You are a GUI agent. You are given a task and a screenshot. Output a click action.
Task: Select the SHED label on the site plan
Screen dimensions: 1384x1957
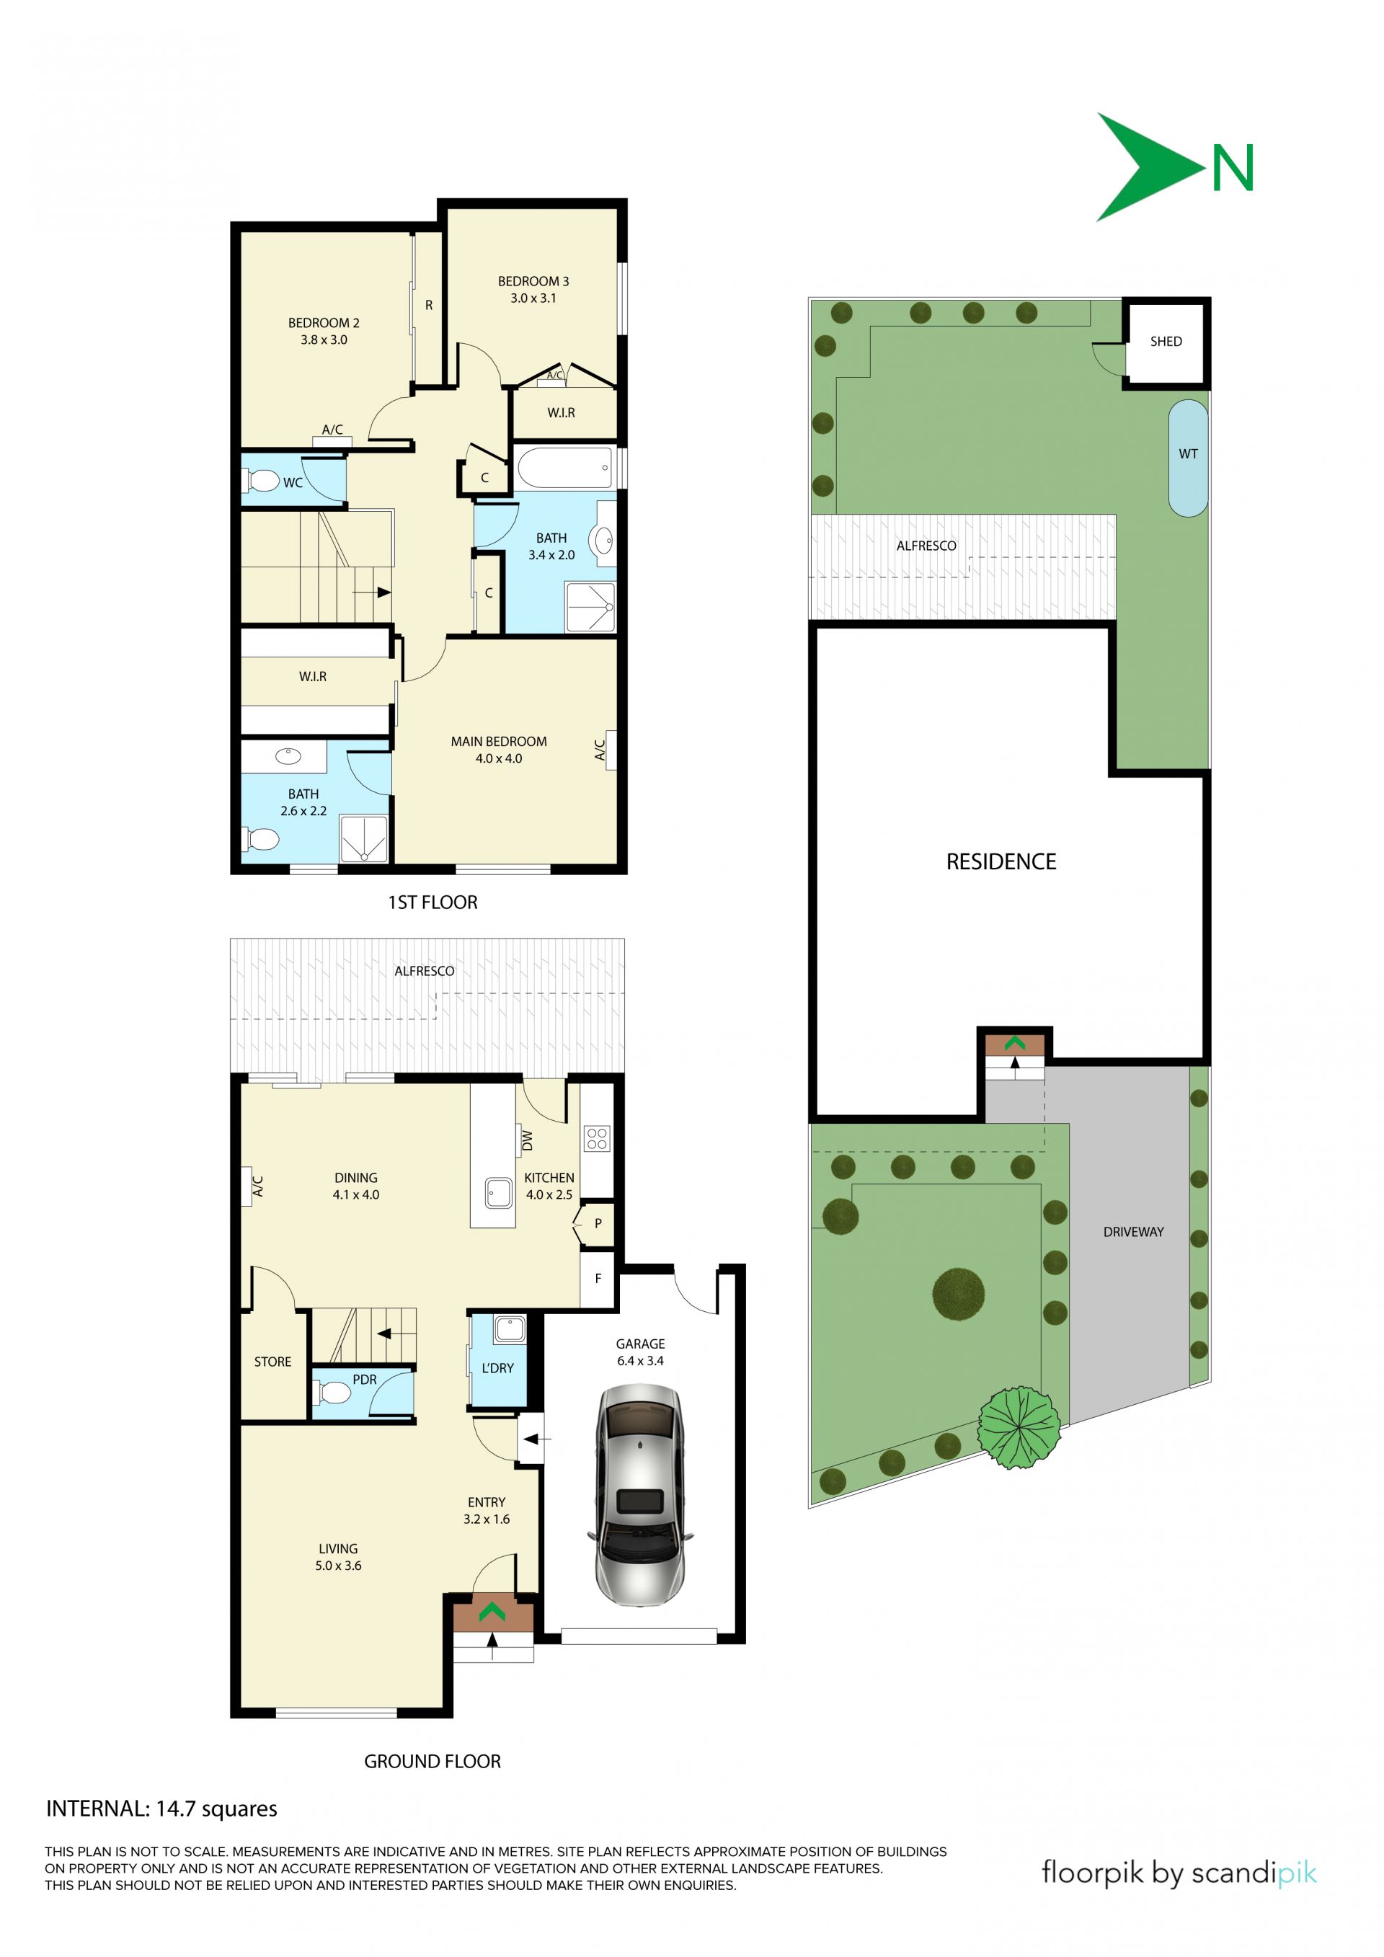pos(1166,342)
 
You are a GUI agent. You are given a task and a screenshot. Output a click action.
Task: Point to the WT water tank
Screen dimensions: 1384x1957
pos(1188,458)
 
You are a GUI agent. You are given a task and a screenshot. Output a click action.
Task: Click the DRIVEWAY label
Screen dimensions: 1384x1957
pos(1132,1232)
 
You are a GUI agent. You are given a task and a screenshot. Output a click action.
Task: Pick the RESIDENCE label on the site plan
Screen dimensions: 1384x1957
pos(1001,861)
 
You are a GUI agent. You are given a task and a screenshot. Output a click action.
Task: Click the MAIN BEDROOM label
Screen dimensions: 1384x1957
pos(499,742)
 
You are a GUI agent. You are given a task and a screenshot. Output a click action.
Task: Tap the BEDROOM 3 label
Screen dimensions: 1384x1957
pos(533,281)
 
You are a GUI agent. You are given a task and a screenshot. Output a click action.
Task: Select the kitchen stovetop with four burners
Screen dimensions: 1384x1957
pos(597,1138)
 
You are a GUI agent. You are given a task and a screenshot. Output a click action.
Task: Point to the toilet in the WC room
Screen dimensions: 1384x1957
pos(262,482)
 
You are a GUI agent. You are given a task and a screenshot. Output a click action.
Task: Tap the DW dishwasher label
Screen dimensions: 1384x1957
pos(527,1140)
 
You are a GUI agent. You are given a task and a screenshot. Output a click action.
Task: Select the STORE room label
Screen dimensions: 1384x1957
pos(272,1362)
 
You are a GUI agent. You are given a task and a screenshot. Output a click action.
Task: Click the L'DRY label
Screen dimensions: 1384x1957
pos(497,1368)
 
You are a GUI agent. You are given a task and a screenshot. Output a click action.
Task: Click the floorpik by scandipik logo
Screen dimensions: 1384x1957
pos(1179,1873)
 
